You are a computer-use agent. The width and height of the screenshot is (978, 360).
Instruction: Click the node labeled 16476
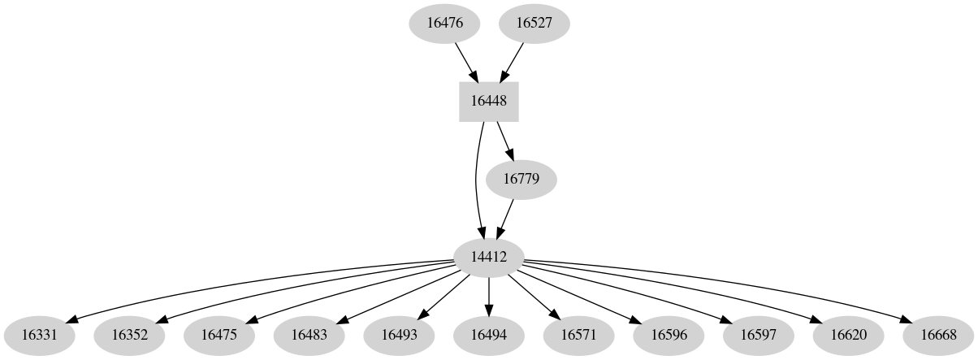pyautogui.click(x=444, y=23)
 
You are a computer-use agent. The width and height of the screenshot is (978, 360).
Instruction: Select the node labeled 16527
pyautogui.click(x=534, y=23)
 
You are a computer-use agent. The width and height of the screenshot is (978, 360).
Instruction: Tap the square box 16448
pyautogui.click(x=489, y=102)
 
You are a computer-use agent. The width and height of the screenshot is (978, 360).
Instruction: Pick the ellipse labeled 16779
pyautogui.click(x=521, y=178)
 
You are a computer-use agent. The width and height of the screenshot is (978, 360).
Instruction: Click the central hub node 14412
pyautogui.click(x=489, y=257)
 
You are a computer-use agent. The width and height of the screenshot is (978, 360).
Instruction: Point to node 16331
pyautogui.click(x=39, y=334)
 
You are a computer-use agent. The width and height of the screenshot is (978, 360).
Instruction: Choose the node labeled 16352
pyautogui.click(x=129, y=334)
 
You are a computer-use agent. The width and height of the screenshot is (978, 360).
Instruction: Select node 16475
pyautogui.click(x=219, y=334)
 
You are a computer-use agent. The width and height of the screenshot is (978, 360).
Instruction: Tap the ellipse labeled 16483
pyautogui.click(x=309, y=334)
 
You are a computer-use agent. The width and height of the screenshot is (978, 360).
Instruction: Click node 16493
pyautogui.click(x=399, y=334)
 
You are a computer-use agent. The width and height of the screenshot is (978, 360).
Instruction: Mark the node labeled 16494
pyautogui.click(x=489, y=334)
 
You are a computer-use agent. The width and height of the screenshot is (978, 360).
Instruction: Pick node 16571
pyautogui.click(x=579, y=334)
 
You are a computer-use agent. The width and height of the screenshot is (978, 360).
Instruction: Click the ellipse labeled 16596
pyautogui.click(x=669, y=334)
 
